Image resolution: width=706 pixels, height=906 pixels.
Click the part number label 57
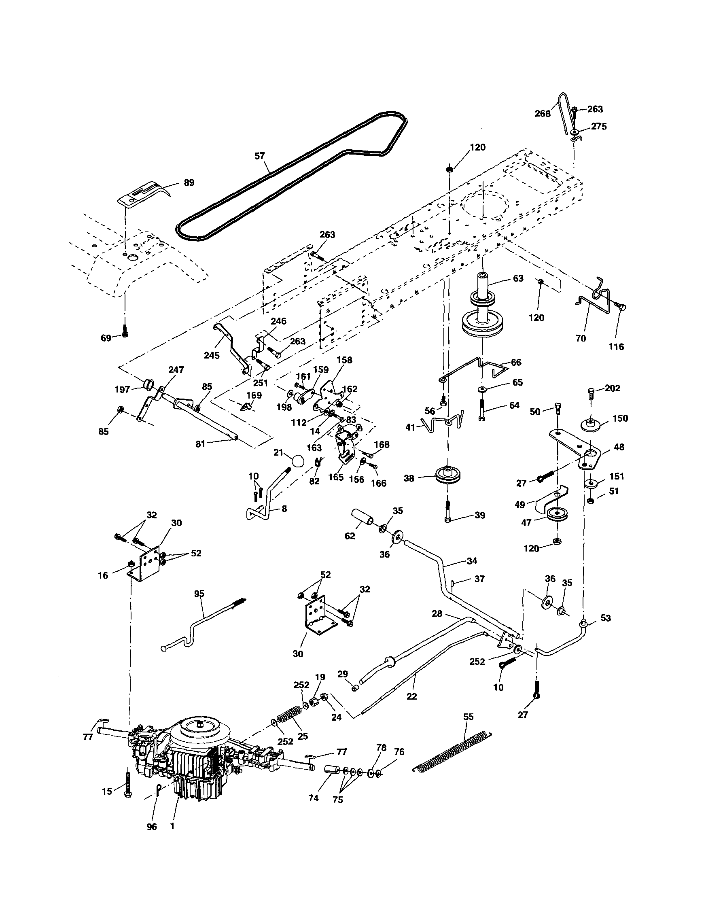point(260,156)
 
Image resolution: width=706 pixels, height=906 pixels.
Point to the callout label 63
point(518,278)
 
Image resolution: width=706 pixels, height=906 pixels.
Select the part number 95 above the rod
point(199,594)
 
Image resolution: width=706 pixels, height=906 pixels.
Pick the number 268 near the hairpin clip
point(543,113)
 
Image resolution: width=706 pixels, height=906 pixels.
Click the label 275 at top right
point(598,127)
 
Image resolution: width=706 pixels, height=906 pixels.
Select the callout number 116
point(616,347)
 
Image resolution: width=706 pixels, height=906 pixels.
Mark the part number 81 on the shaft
point(201,444)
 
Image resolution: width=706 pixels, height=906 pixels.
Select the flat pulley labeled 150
point(591,425)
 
